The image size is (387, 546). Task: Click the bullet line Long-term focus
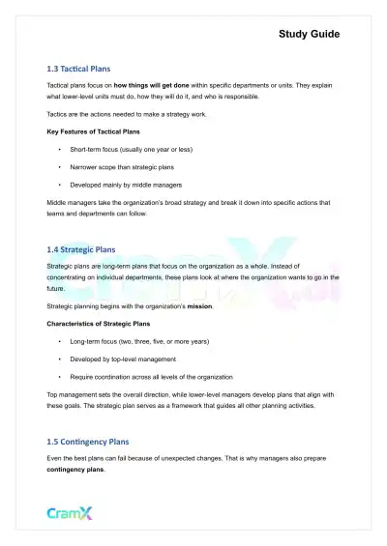click(x=145, y=341)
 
